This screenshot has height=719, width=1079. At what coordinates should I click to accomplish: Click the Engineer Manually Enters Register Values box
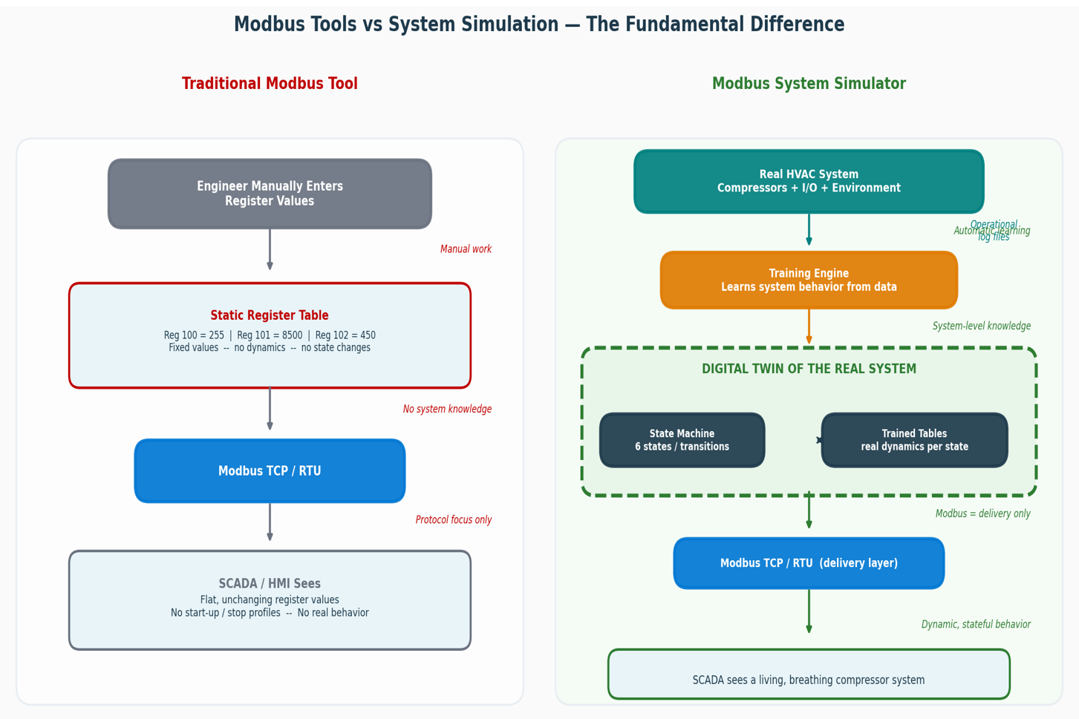270,194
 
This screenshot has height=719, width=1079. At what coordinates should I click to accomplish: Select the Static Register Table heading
270,315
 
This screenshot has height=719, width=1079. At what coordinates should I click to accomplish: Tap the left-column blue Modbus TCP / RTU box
270,471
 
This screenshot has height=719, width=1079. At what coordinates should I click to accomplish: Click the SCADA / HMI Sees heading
270,584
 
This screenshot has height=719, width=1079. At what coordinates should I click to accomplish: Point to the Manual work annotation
466,249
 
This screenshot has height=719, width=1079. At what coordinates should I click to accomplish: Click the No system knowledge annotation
447,409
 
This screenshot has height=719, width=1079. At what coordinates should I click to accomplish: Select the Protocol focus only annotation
453,520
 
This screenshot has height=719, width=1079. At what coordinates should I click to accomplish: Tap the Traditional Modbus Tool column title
270,84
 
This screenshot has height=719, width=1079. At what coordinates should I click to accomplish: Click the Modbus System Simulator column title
809,84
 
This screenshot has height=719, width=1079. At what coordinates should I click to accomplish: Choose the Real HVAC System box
809,182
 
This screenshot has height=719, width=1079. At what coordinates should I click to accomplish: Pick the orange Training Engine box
809,280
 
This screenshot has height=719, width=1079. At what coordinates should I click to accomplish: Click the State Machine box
682,440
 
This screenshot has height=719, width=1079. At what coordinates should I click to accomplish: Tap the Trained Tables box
914,440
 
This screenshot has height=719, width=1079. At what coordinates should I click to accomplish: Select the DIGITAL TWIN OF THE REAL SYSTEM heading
809,369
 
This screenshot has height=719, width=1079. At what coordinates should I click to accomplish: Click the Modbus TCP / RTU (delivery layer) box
809,563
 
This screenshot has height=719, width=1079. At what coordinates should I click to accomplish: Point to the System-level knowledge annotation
981,326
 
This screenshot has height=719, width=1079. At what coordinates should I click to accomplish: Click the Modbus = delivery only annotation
982,513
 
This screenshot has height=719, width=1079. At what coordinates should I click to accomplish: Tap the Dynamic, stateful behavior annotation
976,625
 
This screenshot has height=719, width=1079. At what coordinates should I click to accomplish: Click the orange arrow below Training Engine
809,327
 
